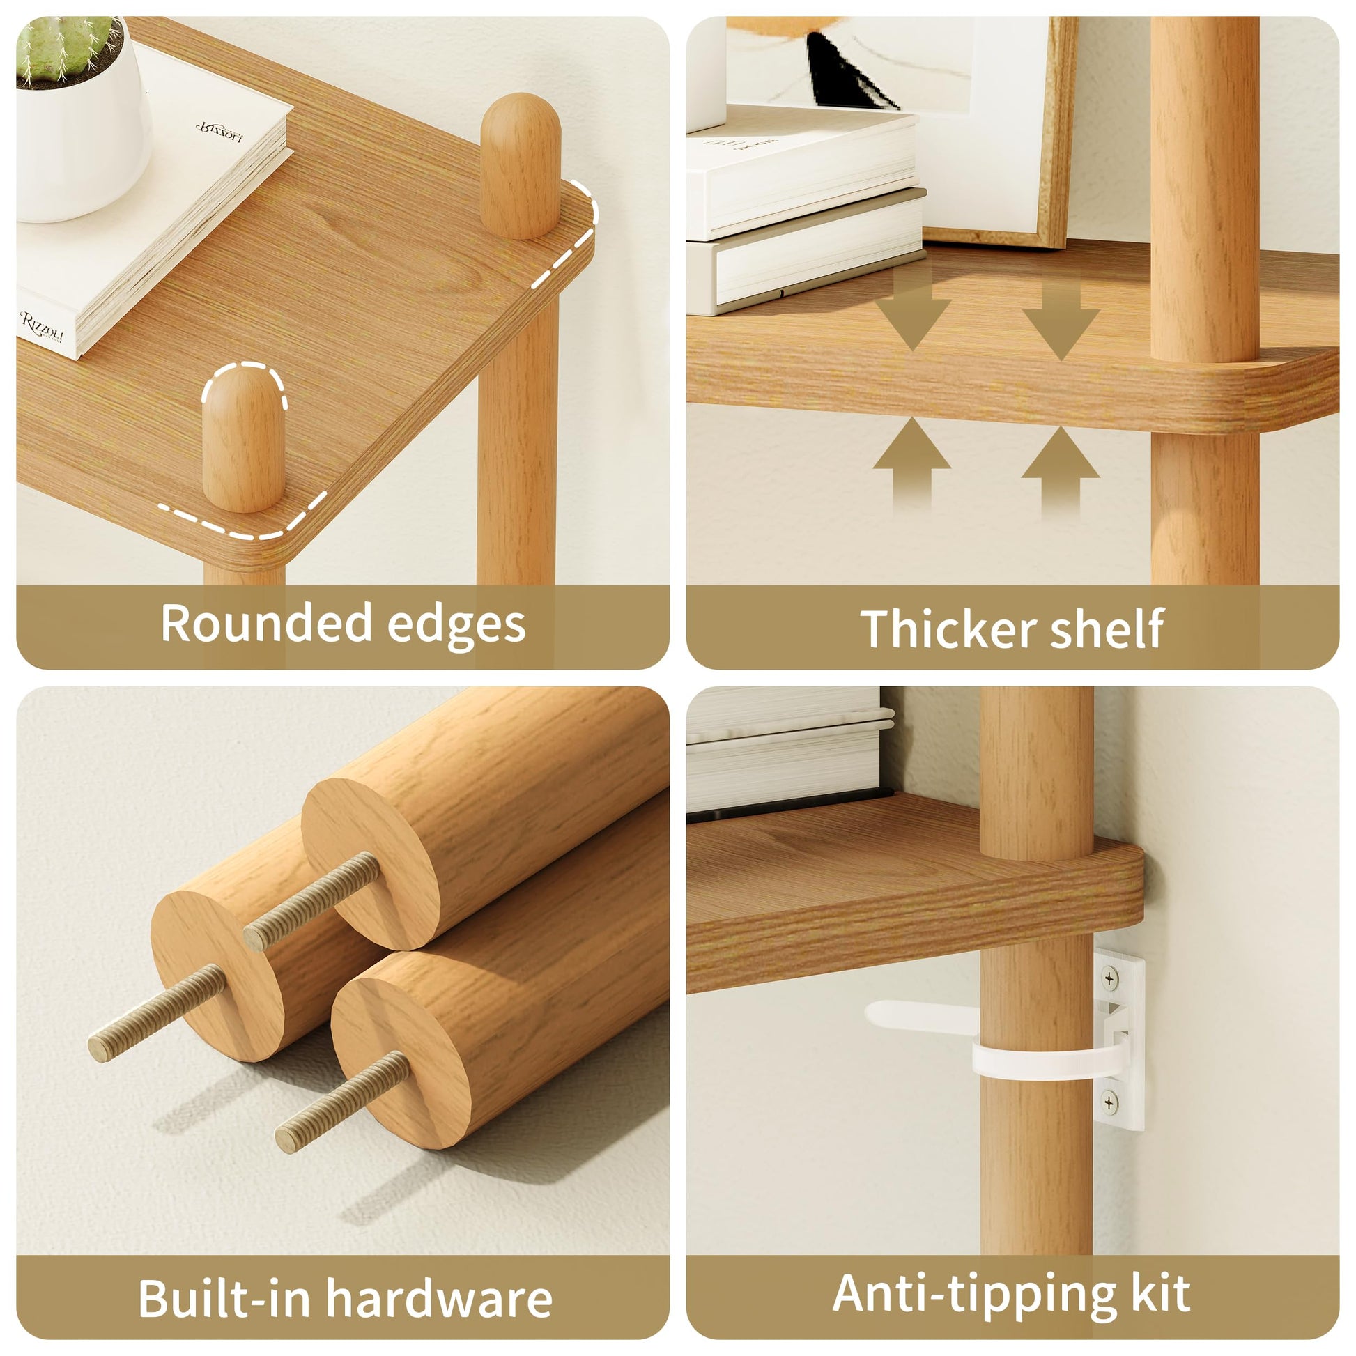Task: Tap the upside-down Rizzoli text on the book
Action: [x=219, y=130]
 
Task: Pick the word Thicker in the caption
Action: [x=948, y=628]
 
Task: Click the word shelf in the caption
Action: [x=1107, y=627]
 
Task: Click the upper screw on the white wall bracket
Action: [x=1109, y=978]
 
